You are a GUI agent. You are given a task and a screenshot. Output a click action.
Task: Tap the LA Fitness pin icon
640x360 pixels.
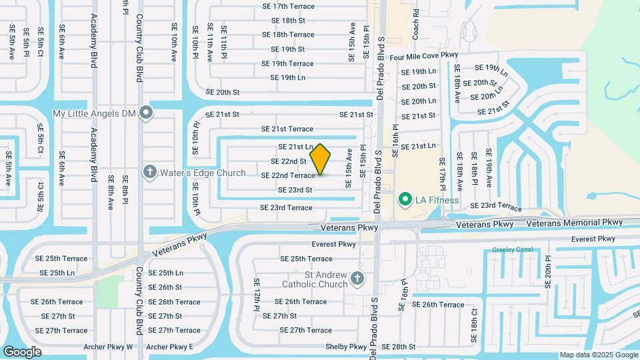point(404,199)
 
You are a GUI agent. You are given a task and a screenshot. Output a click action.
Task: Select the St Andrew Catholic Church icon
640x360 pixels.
point(357,278)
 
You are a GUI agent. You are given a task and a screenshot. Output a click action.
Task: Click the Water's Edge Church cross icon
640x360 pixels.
point(150,173)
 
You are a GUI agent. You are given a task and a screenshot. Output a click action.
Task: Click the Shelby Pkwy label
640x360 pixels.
point(346,347)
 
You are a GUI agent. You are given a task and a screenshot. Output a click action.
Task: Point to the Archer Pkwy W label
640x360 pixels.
point(109,347)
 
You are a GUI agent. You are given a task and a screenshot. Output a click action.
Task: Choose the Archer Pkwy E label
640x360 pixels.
point(169,347)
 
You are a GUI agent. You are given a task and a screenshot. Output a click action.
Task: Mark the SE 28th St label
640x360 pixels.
point(394,347)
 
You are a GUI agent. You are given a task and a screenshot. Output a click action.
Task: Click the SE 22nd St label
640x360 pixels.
point(289,161)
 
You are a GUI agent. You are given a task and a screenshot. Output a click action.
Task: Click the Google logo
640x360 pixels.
point(23,351)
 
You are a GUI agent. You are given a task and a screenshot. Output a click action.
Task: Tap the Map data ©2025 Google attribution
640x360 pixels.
point(598,355)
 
